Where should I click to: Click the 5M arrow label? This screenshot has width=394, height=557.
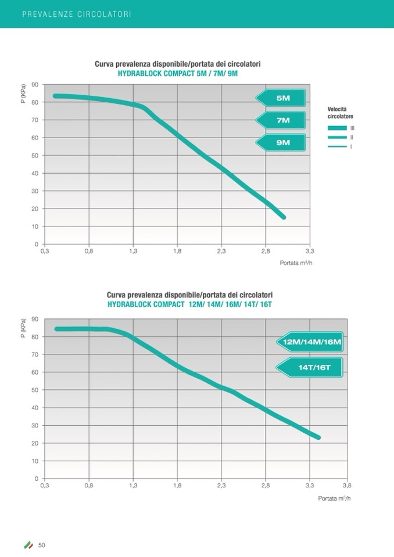point(282,98)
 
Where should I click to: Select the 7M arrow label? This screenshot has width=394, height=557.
point(282,120)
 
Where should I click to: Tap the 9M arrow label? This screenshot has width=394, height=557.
point(282,142)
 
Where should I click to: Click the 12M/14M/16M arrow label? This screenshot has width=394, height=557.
point(311,342)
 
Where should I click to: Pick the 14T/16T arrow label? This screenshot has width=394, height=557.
point(311,367)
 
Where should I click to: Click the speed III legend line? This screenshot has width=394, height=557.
point(337,128)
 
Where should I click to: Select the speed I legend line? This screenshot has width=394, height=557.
point(337,146)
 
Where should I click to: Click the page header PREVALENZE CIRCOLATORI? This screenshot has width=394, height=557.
point(76,14)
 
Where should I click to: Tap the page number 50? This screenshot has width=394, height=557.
point(42,545)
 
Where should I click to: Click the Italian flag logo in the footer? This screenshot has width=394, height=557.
point(28,545)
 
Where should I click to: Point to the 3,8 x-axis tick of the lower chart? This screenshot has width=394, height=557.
point(347,486)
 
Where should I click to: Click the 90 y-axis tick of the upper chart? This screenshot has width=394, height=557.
point(35,85)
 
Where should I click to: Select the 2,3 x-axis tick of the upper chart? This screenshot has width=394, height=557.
point(221,251)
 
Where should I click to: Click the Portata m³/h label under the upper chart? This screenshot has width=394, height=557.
point(296,263)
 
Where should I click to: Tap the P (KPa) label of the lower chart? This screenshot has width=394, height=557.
point(24,329)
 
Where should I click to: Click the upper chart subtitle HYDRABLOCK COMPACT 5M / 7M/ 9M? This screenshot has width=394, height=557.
point(178,73)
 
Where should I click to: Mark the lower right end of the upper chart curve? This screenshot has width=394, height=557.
point(284,217)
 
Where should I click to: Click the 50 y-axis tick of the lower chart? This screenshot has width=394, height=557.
point(35,390)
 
